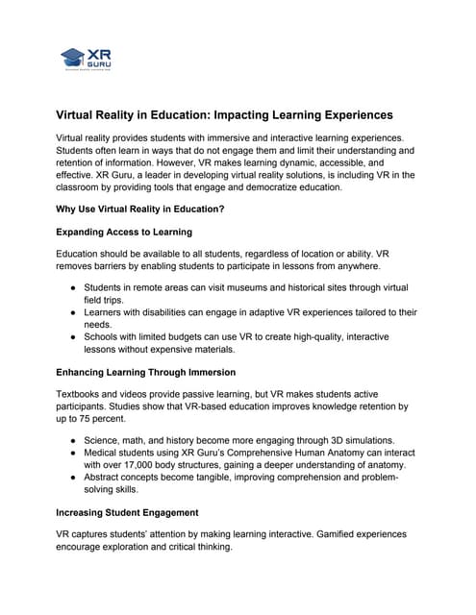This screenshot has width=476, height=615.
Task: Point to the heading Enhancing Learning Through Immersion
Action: tap(158, 372)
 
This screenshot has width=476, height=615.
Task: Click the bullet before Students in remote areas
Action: tap(74, 287)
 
